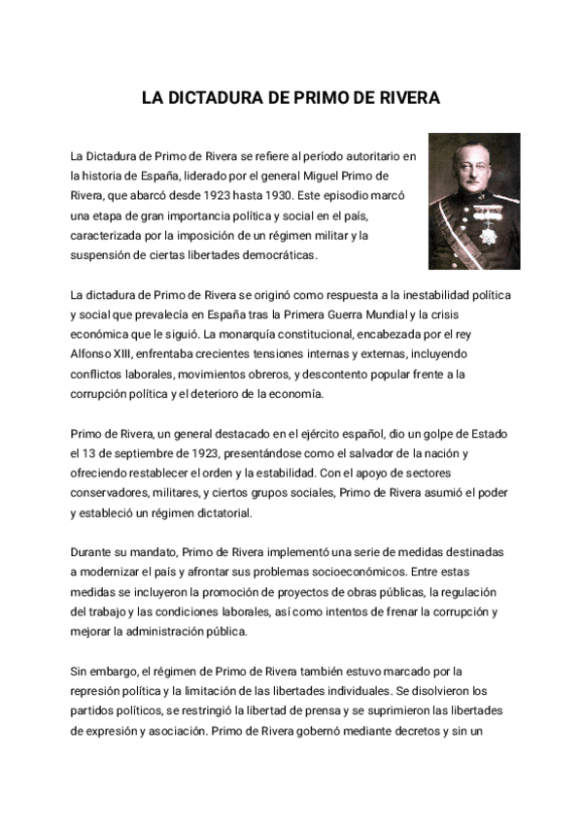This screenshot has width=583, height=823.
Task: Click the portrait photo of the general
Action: pos(474,202)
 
